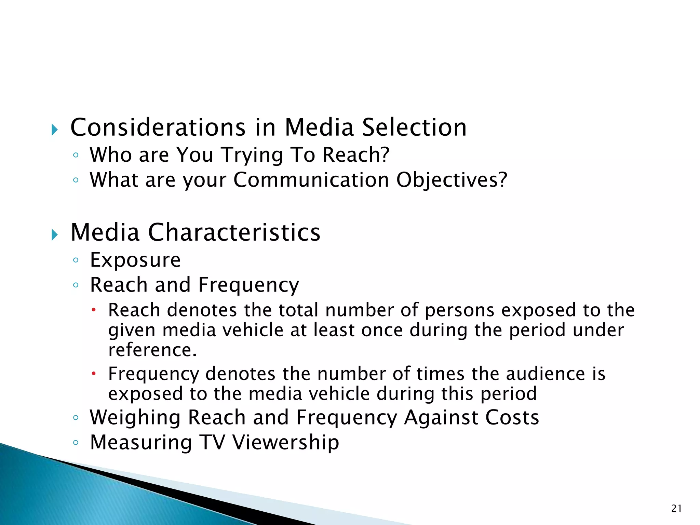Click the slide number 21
tap(676, 509)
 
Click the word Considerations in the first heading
tap(158, 127)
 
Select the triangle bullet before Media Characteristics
tap(55, 235)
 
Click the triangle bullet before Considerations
tap(55, 130)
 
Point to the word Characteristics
tap(234, 232)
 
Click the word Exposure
tap(135, 260)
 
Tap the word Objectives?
tap(452, 180)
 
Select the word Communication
tap(311, 180)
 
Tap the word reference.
tap(152, 350)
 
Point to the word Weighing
tap(135, 418)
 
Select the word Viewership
tap(286, 443)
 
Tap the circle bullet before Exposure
tap(76, 260)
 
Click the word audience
tap(546, 374)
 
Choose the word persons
tap(459, 310)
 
